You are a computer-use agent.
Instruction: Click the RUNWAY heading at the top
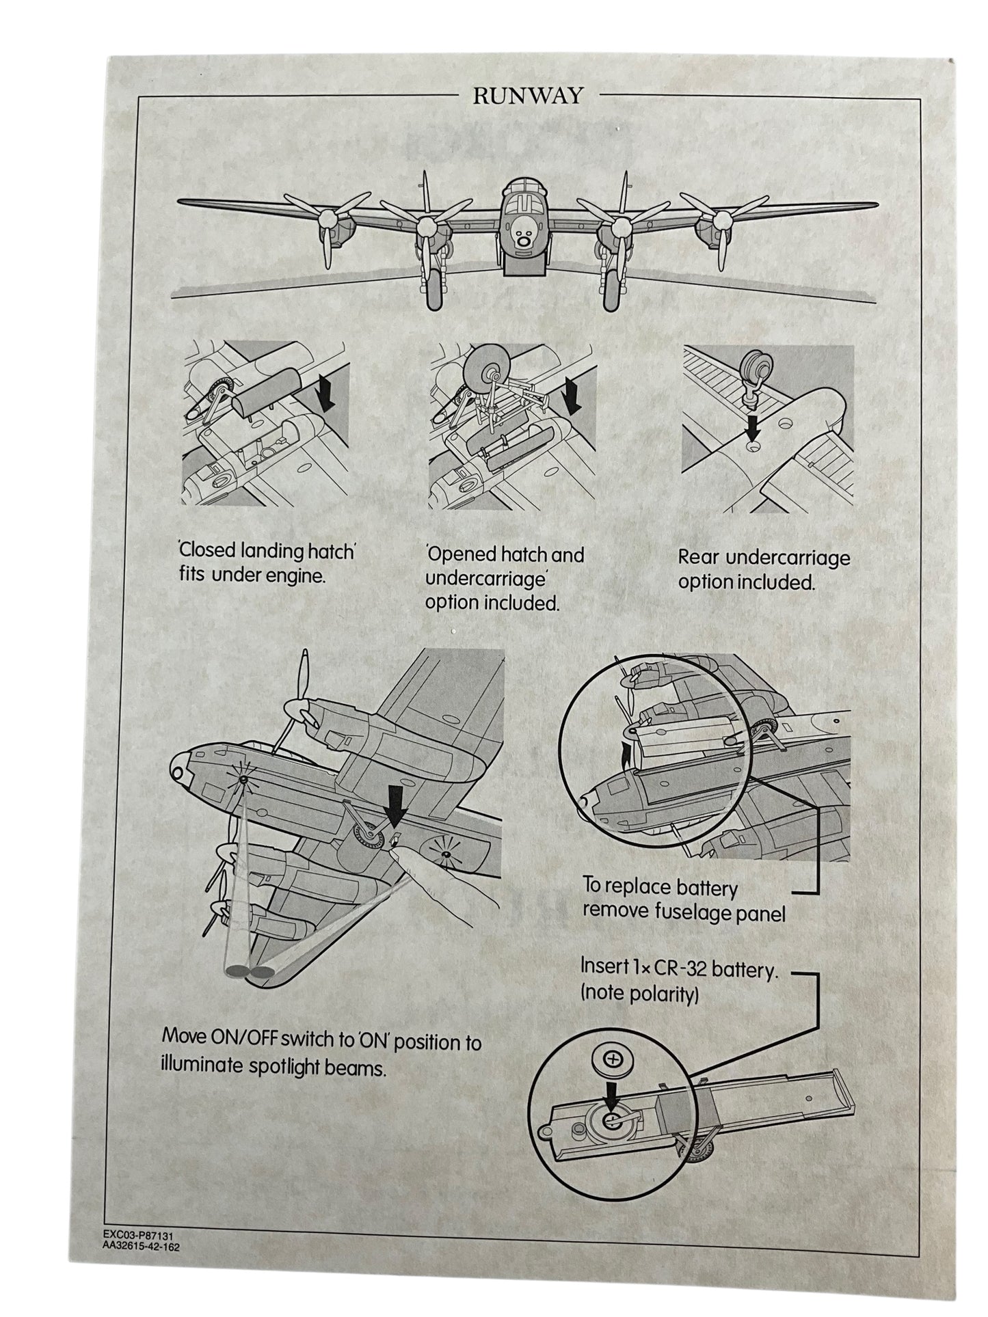tap(528, 96)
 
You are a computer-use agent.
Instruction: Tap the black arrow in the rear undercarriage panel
tap(753, 431)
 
